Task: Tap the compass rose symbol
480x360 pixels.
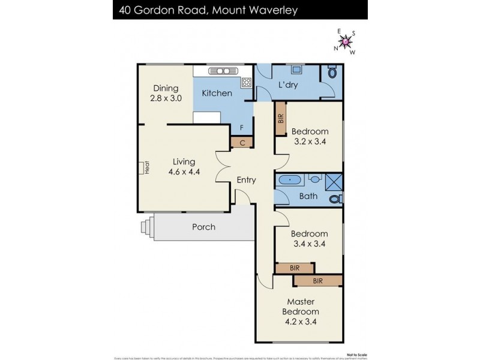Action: tap(346, 41)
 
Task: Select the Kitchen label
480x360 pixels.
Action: tap(217, 93)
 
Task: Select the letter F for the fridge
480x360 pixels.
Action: tap(241, 128)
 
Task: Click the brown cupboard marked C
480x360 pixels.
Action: tap(242, 142)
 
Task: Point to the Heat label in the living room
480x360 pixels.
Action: tap(146, 168)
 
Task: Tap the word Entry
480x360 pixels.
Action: tap(246, 180)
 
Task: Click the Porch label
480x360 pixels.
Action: tap(203, 227)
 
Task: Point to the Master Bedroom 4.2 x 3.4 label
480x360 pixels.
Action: tap(301, 311)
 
